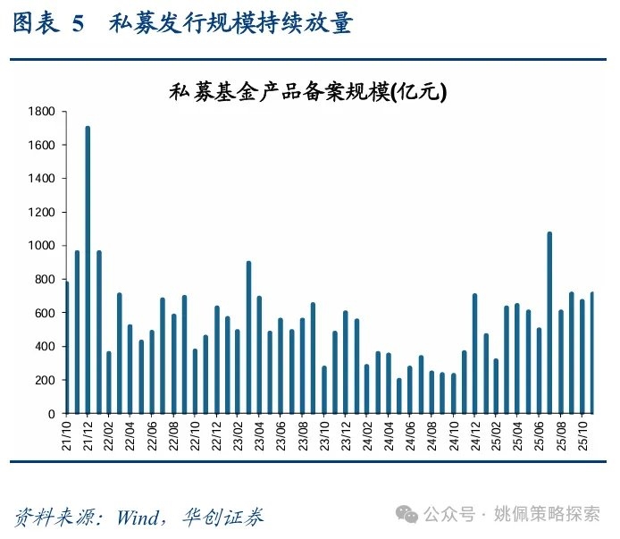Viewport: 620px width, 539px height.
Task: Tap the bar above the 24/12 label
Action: (x=474, y=354)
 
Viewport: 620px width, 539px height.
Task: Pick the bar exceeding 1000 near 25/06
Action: (x=549, y=323)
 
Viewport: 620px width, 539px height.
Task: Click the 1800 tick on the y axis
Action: (x=42, y=112)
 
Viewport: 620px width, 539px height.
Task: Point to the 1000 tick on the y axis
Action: (x=42, y=246)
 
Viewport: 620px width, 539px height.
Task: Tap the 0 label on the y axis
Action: (x=52, y=414)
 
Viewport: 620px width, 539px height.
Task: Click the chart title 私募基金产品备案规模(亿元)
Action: (x=307, y=92)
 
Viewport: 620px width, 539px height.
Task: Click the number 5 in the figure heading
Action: (x=79, y=24)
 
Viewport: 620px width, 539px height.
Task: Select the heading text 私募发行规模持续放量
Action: (x=230, y=24)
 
